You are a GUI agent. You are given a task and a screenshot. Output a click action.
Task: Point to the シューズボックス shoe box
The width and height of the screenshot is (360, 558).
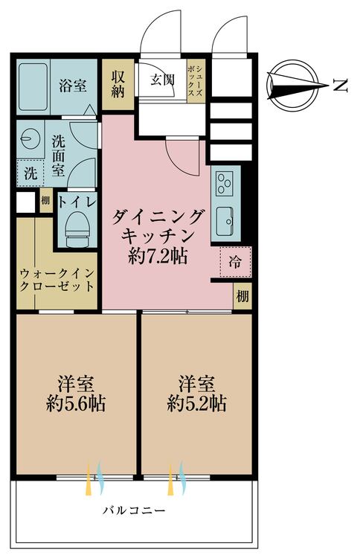tap(197, 82)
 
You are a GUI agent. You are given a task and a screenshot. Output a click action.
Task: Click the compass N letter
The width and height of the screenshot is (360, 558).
tap(341, 87)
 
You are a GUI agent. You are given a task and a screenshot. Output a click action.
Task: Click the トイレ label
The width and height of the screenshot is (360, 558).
tap(77, 200)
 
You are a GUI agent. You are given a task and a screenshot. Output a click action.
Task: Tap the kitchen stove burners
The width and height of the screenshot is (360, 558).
tap(224, 181)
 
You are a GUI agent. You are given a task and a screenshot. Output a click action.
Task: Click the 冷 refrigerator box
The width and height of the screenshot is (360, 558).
tap(235, 261)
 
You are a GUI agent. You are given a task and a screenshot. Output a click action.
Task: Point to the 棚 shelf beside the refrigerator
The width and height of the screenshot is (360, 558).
tap(242, 295)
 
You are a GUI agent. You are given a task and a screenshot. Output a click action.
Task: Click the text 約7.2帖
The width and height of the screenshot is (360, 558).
tap(158, 256)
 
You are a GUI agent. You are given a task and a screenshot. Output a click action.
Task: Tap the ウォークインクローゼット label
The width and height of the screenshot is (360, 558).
tap(57, 279)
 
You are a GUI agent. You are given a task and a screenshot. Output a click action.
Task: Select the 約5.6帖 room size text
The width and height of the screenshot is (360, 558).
tap(74, 405)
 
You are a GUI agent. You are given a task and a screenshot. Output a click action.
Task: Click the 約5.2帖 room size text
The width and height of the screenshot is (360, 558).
tap(197, 405)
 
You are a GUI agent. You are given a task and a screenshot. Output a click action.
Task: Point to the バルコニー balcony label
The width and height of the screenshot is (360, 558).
tap(134, 511)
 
